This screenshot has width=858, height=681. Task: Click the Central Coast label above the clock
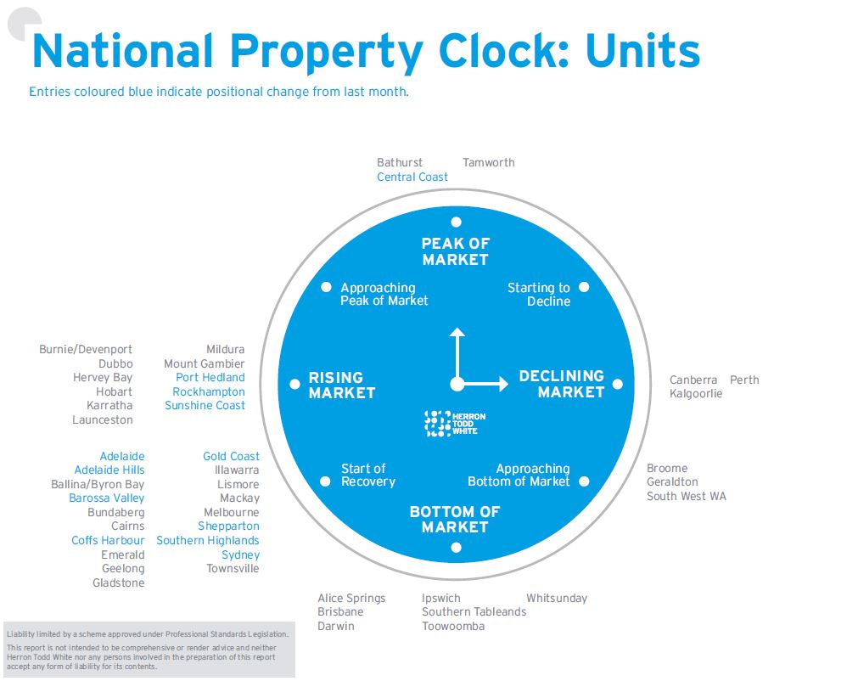click(412, 177)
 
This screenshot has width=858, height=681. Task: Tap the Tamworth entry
click(488, 162)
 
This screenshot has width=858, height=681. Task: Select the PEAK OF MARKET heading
click(455, 251)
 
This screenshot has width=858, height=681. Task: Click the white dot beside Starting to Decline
click(584, 287)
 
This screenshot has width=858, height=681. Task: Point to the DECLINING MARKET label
click(562, 384)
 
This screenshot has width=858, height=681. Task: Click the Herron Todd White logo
click(451, 423)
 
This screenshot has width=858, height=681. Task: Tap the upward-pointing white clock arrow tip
click(457, 330)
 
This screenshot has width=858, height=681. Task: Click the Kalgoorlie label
click(695, 394)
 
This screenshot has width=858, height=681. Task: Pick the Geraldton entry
click(672, 481)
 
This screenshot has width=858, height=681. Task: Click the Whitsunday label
click(556, 598)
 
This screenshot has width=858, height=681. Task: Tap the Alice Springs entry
click(351, 598)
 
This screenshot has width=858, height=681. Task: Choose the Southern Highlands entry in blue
click(208, 540)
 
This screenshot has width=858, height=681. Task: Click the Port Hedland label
click(210, 377)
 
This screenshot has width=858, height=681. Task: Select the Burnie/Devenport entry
click(86, 349)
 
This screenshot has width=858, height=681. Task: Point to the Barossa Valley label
click(107, 498)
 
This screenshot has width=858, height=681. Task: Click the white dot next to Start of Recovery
click(325, 481)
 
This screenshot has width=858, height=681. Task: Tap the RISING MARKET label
click(341, 385)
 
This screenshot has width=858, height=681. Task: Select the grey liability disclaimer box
click(149, 650)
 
